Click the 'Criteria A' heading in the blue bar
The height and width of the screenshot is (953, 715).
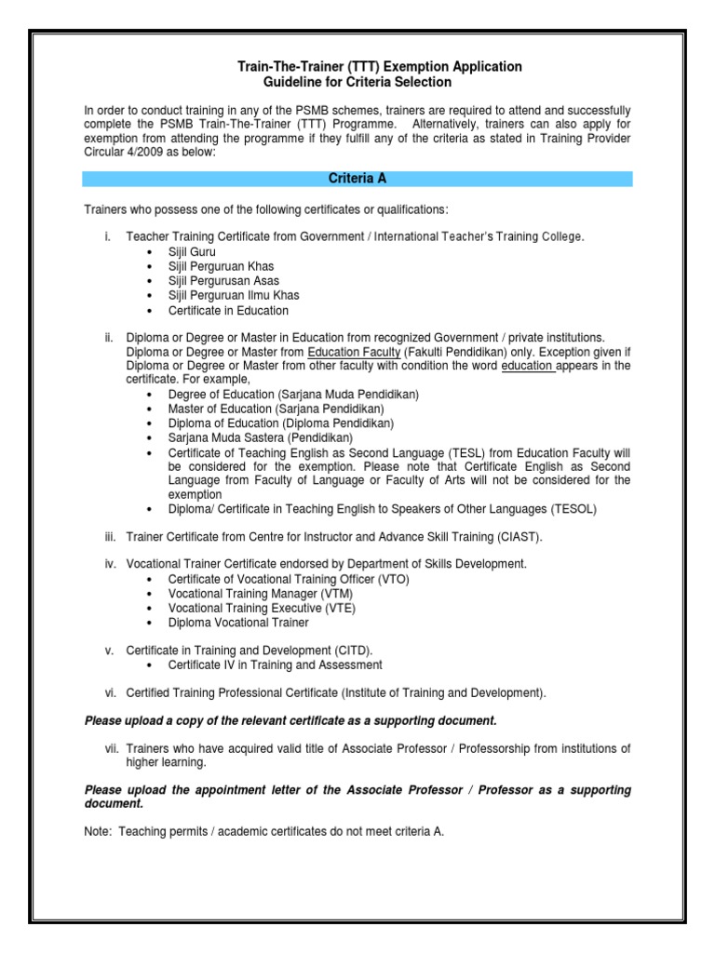(x=357, y=178)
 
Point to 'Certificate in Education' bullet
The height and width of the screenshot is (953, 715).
(x=228, y=310)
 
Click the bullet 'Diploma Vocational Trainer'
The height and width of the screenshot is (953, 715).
(x=237, y=622)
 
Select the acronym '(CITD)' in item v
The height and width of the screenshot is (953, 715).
(x=353, y=650)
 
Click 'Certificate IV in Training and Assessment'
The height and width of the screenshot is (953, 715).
(x=275, y=664)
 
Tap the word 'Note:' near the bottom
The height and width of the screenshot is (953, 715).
(x=99, y=831)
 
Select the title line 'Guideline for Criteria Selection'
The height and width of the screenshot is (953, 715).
(x=357, y=82)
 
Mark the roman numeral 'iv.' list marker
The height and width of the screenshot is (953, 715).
(x=112, y=564)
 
